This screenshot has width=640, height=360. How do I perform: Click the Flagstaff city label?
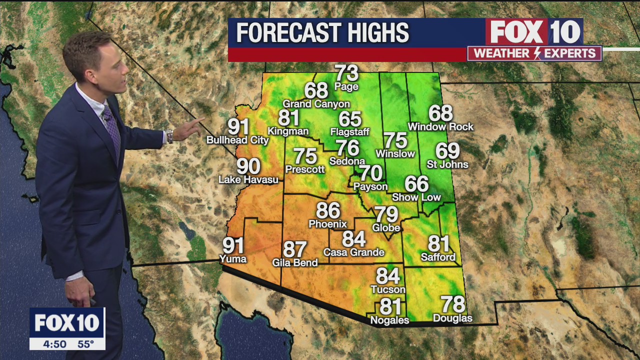click(350, 132)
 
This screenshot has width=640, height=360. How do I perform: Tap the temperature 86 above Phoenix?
click(328, 211)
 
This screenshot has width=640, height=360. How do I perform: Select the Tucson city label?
click(388, 289)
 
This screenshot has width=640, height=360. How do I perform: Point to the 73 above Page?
click(346, 73)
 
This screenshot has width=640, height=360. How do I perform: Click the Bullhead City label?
click(237, 140)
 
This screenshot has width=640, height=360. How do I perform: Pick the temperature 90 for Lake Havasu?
click(248, 166)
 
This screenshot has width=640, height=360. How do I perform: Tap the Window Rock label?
click(440, 127)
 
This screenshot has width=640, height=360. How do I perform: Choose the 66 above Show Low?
click(416, 184)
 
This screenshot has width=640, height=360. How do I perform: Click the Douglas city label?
click(452, 318)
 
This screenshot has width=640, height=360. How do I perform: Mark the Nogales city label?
click(389, 320)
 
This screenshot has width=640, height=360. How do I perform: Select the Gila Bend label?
click(295, 262)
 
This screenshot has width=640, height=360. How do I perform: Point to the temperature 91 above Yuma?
click(233, 245)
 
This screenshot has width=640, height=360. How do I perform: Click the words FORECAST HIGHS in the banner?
click(322, 33)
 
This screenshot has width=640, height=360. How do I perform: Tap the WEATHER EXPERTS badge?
click(534, 53)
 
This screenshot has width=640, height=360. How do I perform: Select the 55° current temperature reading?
click(85, 344)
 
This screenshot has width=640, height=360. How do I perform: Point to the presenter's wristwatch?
click(169, 136)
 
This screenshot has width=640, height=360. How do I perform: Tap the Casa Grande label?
click(354, 252)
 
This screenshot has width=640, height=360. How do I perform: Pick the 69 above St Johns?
click(447, 151)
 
